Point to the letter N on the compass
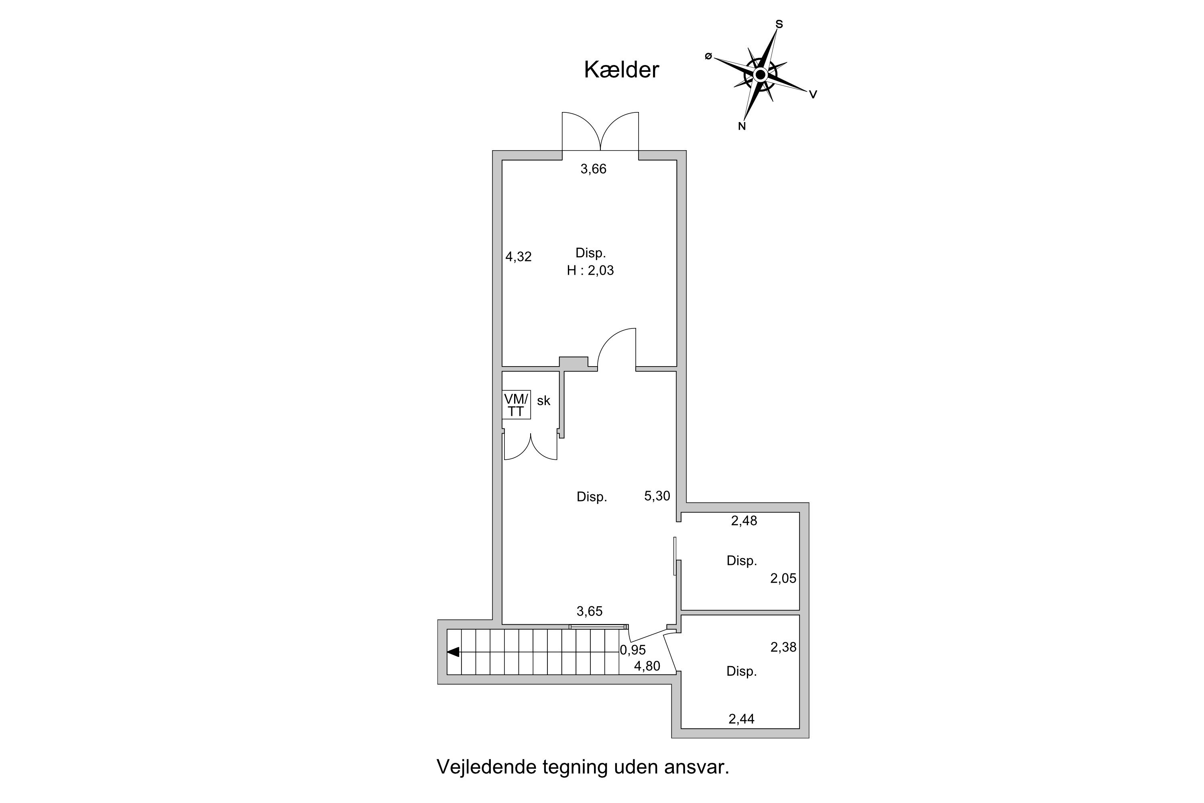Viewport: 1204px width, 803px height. point(742,126)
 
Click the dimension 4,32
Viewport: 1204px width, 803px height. point(519,257)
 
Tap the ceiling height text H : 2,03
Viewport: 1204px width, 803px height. point(590,270)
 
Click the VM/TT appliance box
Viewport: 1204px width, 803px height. point(516,405)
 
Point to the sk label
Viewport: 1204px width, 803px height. point(544,401)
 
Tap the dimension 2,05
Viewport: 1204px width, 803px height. point(783,578)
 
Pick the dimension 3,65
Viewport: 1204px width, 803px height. point(590,611)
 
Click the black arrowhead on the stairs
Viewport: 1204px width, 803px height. point(453,652)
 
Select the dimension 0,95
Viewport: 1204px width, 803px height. point(633,650)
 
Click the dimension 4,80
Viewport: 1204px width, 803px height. point(647,666)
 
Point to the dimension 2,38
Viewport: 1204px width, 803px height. point(784,647)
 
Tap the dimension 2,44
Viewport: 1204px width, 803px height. point(741,719)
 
